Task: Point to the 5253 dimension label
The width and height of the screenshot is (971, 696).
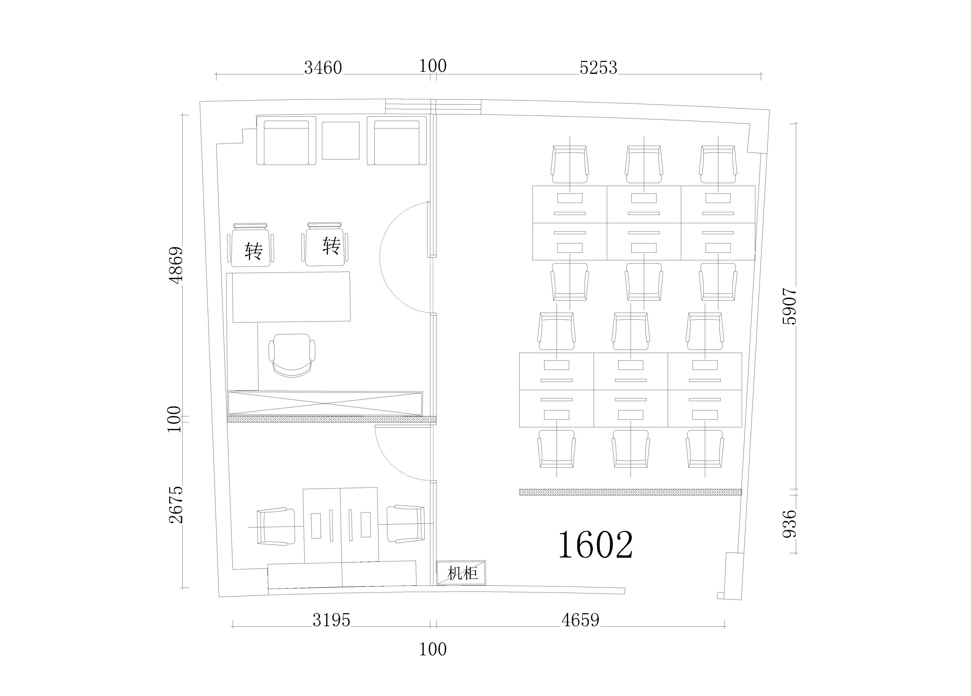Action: tap(598, 68)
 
